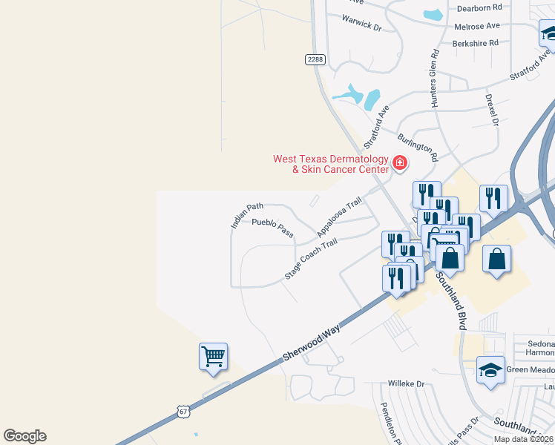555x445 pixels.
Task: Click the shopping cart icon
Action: click(x=213, y=357)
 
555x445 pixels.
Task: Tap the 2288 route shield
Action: click(x=315, y=58)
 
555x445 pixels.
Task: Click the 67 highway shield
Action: click(x=184, y=411)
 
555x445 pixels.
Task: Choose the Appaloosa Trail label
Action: click(x=339, y=217)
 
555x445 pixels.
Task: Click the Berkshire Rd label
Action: click(x=475, y=44)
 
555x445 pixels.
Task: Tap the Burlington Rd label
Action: click(x=418, y=147)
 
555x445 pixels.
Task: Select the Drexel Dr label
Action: click(x=490, y=109)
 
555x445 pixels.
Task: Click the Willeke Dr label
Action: click(x=406, y=384)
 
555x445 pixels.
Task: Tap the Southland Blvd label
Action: click(x=452, y=300)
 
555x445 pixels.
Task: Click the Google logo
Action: click(x=25, y=436)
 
